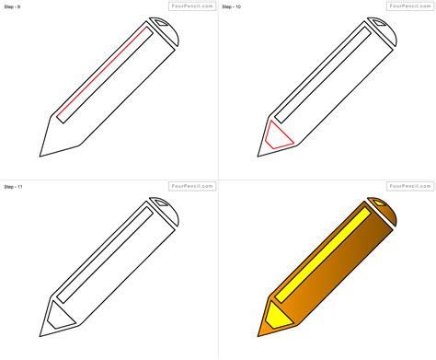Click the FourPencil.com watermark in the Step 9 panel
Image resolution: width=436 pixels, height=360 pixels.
pos(192,6)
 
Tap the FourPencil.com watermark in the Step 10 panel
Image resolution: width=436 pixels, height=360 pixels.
pos(410,6)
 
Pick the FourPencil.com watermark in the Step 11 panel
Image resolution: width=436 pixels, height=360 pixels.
pos(192,186)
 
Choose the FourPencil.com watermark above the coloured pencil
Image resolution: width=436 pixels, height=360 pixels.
pos(410,186)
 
